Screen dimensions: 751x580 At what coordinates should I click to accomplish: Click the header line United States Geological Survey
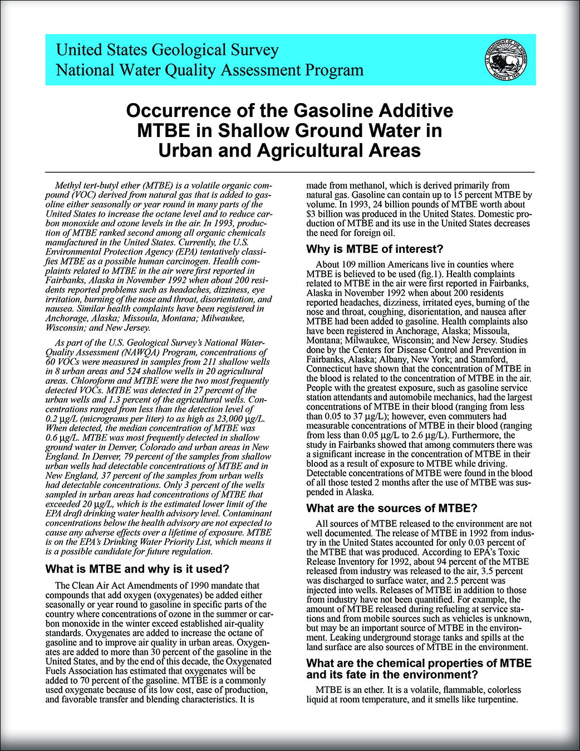(x=167, y=50)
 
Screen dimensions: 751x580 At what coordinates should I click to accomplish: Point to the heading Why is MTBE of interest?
(x=375, y=249)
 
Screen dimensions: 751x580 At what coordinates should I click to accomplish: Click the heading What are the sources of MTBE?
(x=392, y=508)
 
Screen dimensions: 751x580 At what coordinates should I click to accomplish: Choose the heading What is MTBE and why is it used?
(x=137, y=569)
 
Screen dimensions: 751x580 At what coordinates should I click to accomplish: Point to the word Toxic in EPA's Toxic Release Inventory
(x=509, y=552)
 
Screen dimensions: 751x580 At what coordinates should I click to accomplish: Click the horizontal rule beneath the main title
(x=289, y=172)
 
